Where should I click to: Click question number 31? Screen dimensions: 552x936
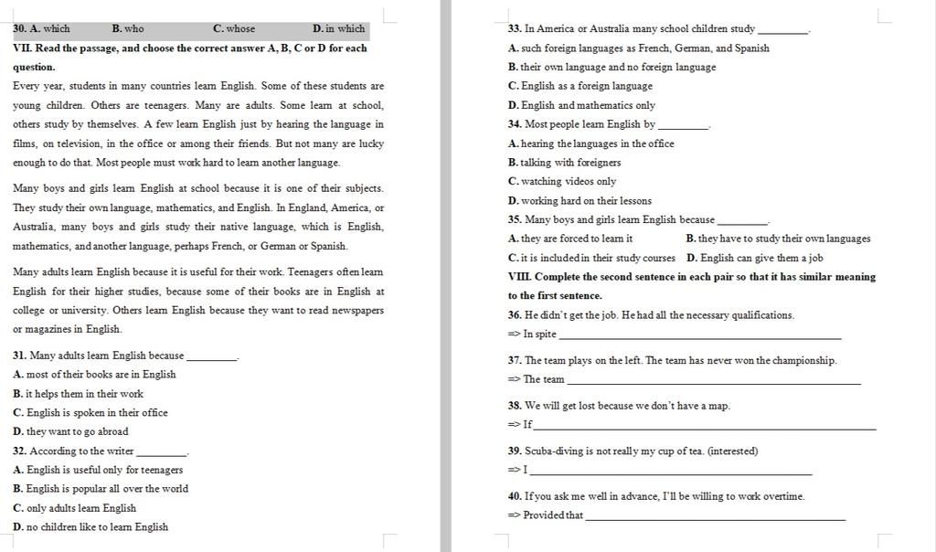pos(19,356)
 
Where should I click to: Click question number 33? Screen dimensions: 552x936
pos(515,29)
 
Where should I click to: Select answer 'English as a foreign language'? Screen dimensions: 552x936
pos(586,86)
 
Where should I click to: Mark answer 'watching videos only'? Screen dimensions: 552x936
pos(568,182)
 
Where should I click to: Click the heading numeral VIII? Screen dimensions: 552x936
pos(519,277)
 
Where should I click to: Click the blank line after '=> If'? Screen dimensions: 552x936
pos(705,427)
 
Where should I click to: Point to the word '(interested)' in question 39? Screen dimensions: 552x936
pos(732,451)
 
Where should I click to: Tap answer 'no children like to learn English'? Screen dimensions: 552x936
pos(97,527)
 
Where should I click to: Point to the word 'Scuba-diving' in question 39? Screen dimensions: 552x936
pos(553,451)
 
